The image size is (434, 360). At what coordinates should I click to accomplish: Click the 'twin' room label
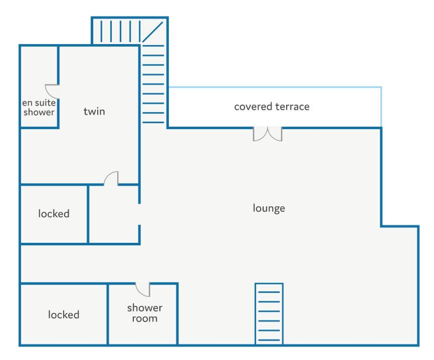tap(94, 112)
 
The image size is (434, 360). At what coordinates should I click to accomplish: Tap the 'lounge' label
tap(269, 208)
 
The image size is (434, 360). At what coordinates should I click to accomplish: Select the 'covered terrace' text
tap(272, 107)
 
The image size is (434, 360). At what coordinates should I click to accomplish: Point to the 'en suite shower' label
tap(39, 107)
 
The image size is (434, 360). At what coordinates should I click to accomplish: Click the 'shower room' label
tap(145, 313)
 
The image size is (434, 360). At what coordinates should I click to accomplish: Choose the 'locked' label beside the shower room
tap(64, 314)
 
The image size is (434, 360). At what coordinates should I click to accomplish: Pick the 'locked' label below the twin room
tap(54, 214)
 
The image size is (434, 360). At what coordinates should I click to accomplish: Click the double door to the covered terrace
tap(268, 134)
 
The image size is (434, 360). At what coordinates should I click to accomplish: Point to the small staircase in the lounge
tap(269, 314)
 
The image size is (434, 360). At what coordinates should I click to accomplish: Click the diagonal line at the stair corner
tap(152, 32)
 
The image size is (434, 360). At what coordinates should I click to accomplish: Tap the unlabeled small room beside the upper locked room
tap(113, 214)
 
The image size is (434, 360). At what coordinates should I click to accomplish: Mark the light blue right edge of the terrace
tap(381, 107)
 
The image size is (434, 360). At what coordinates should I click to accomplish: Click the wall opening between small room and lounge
tap(139, 214)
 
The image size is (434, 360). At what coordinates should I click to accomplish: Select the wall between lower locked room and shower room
tap(108, 314)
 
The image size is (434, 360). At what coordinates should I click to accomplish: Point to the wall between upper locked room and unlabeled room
tap(88, 214)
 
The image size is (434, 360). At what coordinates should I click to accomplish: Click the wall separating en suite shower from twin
tap(58, 86)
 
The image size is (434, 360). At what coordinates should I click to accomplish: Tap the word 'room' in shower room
tap(145, 318)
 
